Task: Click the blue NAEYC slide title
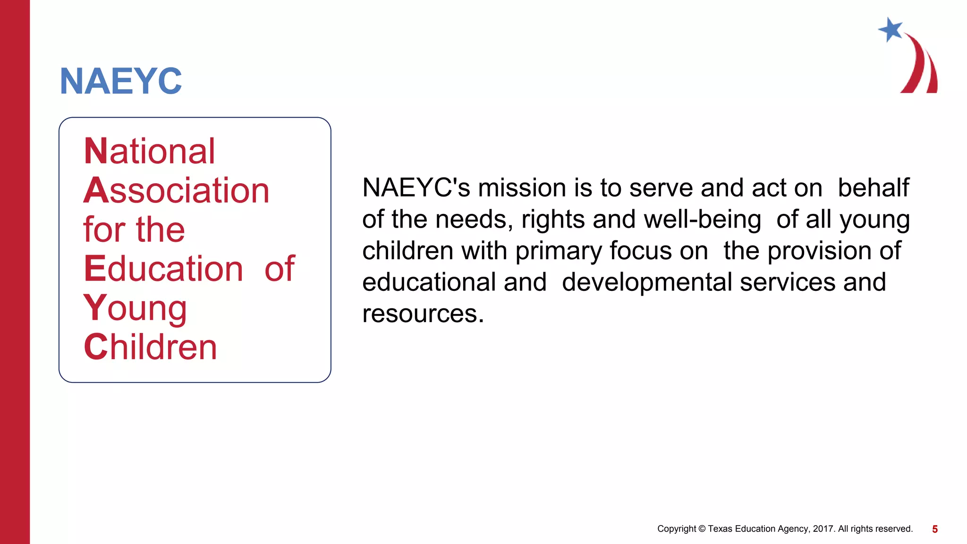[x=121, y=81]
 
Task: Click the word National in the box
[x=149, y=151]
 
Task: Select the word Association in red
[x=176, y=190]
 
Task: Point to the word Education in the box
[x=163, y=269]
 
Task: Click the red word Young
[x=135, y=308]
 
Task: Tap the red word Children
[x=150, y=347]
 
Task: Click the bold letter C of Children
[x=96, y=347]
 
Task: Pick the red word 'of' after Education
[x=280, y=269]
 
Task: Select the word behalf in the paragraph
[x=873, y=188]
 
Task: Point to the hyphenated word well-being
[x=702, y=220]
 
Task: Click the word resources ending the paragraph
[x=423, y=314]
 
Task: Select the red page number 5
[x=934, y=529]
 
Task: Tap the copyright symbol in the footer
[x=702, y=529]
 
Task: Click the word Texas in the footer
[x=720, y=529]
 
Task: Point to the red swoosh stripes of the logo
[x=922, y=66]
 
